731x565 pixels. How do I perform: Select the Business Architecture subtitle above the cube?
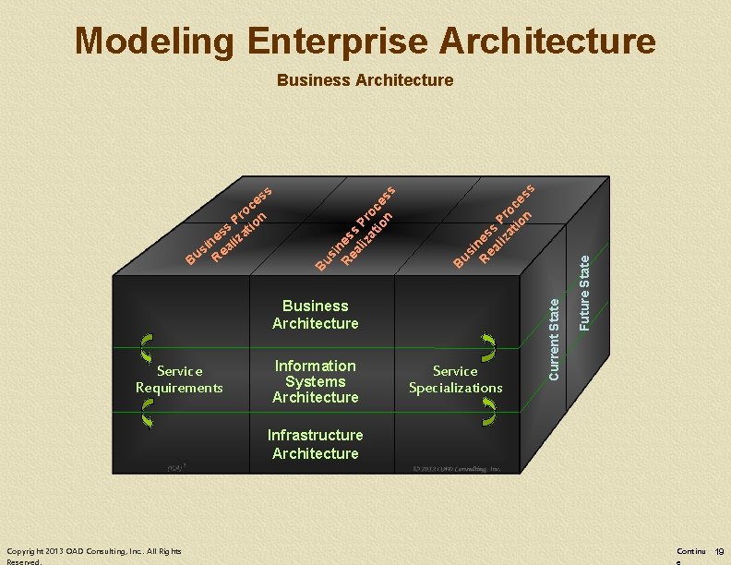[365, 80]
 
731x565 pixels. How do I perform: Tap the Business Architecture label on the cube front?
[315, 314]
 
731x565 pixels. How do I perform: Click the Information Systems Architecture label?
[315, 381]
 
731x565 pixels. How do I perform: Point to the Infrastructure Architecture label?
[315, 444]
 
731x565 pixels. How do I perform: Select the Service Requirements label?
[179, 379]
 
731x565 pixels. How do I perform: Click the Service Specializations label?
[455, 379]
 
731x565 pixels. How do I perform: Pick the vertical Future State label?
[584, 292]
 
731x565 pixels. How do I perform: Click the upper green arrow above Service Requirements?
[146, 346]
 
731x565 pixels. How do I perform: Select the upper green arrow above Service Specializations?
[488, 347]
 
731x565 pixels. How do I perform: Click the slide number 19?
[719, 552]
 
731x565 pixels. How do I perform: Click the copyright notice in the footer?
[93, 556]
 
